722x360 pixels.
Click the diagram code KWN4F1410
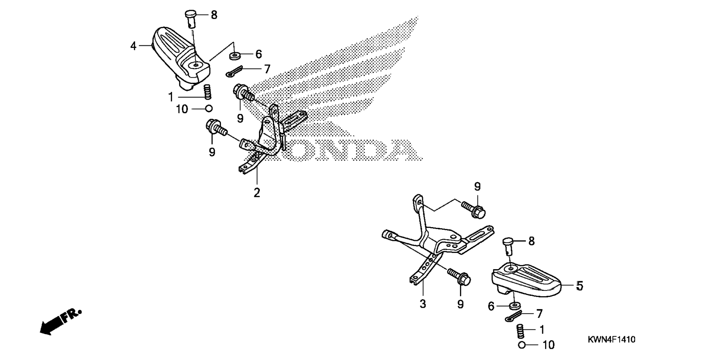611,339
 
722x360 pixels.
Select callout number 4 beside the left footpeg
133,46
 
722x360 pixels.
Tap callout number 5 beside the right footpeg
579,286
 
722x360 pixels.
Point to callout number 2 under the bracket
256,193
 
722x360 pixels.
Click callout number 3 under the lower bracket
423,304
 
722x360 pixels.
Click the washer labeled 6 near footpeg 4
235,56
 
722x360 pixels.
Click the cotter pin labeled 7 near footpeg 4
234,71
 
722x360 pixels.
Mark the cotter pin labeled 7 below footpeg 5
513,316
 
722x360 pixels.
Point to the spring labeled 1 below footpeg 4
207,92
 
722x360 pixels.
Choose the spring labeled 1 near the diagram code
520,331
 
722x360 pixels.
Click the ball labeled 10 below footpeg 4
209,109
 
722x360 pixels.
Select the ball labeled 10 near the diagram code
522,345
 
